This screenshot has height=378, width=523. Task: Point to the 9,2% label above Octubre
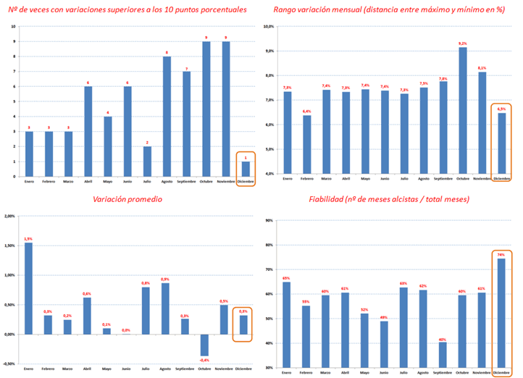[462, 43]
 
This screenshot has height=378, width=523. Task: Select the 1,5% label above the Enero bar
[29, 238]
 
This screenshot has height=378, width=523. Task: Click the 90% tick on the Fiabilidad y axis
[269, 220]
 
